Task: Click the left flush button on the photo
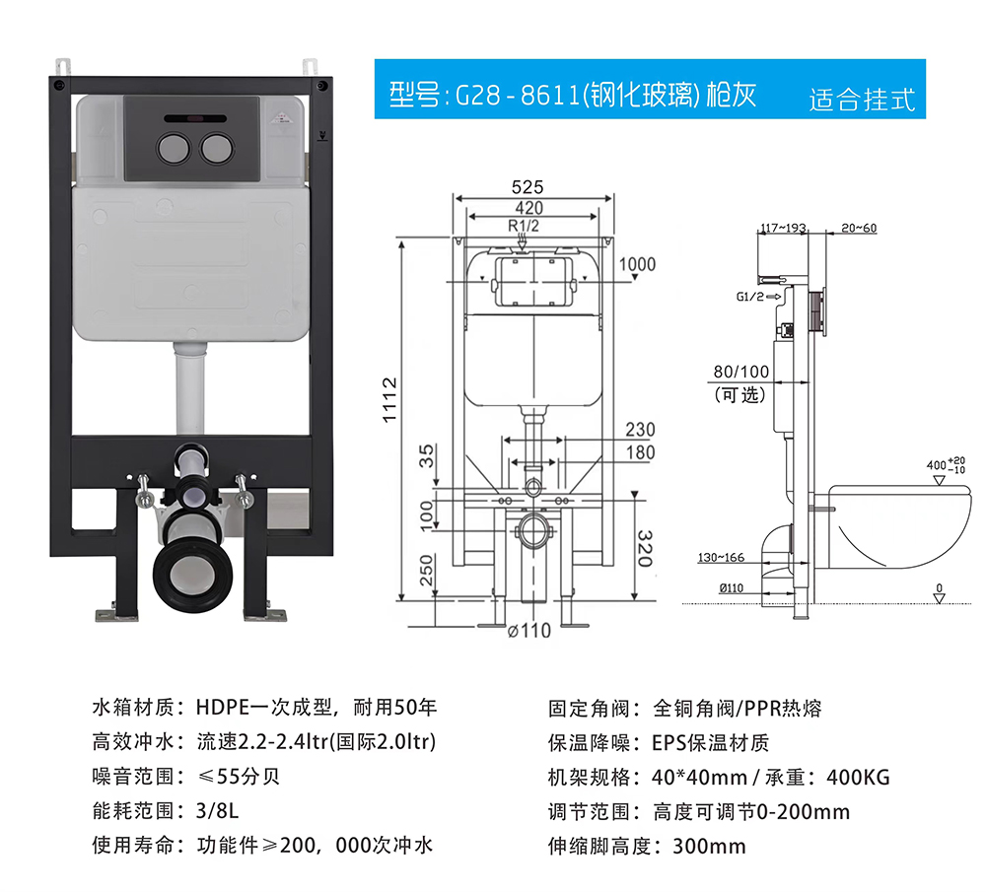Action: click(x=173, y=149)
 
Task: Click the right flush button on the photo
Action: click(x=217, y=149)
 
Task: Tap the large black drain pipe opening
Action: click(x=192, y=575)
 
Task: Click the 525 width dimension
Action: click(x=527, y=186)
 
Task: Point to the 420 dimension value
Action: click(x=528, y=207)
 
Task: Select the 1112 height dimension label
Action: click(x=389, y=400)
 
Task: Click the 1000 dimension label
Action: click(x=637, y=264)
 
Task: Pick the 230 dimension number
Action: click(x=640, y=430)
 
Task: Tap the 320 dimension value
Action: click(x=645, y=548)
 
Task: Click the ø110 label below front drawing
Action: click(x=528, y=630)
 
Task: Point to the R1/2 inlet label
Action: click(x=524, y=226)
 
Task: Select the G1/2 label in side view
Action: click(x=749, y=296)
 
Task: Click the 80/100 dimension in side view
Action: click(x=740, y=372)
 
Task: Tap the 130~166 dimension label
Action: click(x=721, y=558)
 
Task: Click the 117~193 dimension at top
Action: click(x=783, y=228)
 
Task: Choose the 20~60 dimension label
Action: click(x=859, y=228)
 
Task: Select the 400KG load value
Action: click(x=859, y=778)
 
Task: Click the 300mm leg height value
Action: click(x=709, y=846)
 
